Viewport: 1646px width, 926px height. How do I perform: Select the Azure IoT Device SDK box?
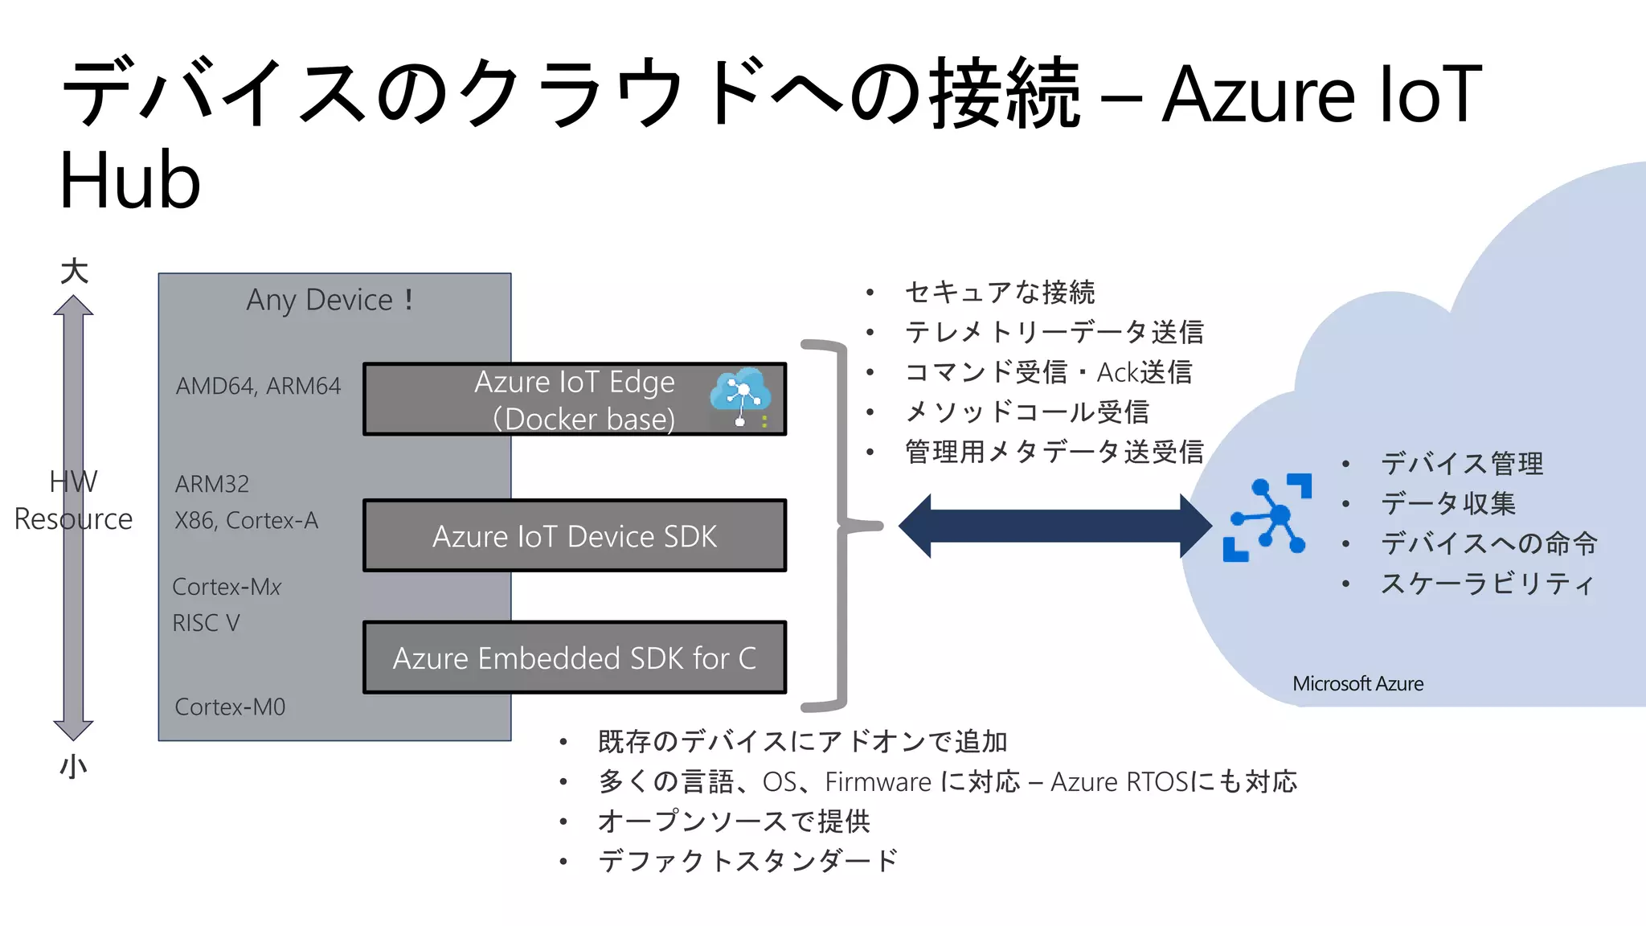point(574,536)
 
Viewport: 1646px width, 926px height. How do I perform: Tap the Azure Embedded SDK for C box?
point(574,658)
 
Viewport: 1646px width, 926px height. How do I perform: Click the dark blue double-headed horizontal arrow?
point(1054,526)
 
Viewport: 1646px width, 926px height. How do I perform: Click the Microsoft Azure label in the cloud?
point(1357,684)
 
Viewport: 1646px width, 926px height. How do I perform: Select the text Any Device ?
point(330,300)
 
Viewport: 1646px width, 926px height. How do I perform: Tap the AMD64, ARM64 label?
point(258,386)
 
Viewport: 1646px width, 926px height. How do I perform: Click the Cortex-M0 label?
point(230,707)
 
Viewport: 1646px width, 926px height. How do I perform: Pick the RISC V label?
point(206,623)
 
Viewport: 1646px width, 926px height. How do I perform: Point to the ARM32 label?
point(212,484)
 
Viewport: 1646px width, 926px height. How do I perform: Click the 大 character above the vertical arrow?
point(74,271)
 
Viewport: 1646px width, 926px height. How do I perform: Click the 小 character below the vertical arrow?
point(73,765)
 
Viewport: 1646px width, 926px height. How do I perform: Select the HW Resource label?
point(73,500)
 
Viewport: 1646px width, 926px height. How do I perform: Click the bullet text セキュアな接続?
point(999,292)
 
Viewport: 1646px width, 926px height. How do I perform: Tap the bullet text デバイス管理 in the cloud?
point(1461,464)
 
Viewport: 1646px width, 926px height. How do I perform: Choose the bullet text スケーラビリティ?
point(1487,584)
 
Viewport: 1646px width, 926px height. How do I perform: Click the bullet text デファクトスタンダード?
point(747,861)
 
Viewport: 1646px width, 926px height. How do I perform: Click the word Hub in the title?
point(130,180)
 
